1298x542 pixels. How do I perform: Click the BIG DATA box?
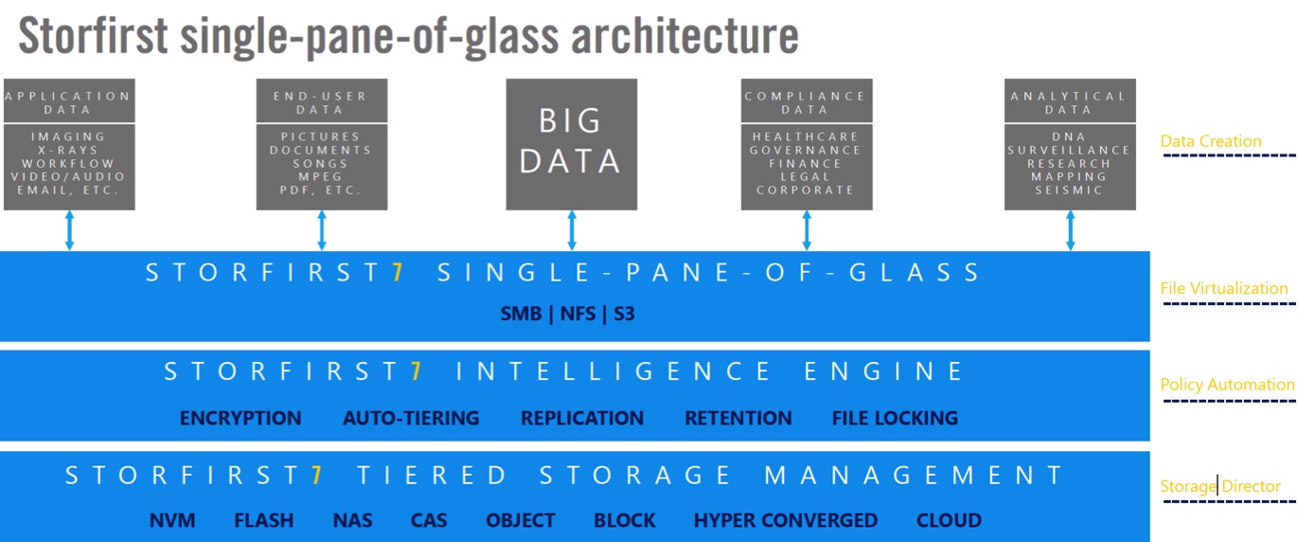[x=571, y=144]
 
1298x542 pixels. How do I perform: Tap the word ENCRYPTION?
[x=240, y=418]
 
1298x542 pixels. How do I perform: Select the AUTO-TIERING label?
[x=411, y=418]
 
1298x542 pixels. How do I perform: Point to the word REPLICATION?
[x=582, y=418]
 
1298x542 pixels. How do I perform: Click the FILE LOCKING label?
[x=895, y=418]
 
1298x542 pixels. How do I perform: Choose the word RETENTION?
[x=738, y=418]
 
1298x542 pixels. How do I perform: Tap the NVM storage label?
[x=172, y=520]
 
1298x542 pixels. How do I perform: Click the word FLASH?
[x=263, y=520]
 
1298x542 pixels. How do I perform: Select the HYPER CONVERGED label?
[x=786, y=520]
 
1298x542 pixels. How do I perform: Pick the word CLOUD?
[x=949, y=520]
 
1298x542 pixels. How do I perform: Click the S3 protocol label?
[x=624, y=314]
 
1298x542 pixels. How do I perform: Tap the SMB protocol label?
[x=521, y=314]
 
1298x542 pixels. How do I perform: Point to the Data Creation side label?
[x=1211, y=141]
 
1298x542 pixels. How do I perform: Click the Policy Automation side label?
[x=1227, y=385]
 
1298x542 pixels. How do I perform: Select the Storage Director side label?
[x=1220, y=486]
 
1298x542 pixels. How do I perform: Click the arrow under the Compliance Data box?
[x=806, y=230]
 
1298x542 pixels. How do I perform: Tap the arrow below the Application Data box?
[x=69, y=230]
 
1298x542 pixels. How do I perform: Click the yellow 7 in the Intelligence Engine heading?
[x=416, y=371]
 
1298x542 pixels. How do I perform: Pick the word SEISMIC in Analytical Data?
[x=1069, y=190]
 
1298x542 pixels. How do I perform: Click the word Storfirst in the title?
[x=94, y=36]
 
